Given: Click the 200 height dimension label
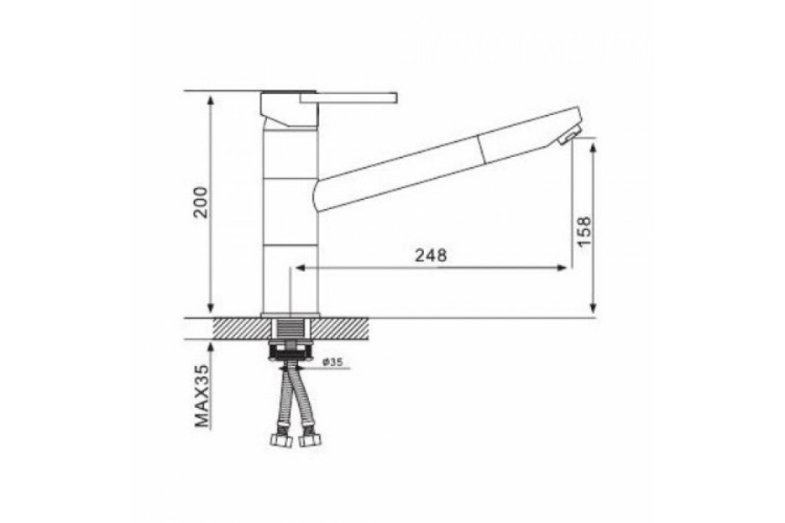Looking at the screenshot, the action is (x=201, y=203).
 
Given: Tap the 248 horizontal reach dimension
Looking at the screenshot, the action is (x=431, y=256).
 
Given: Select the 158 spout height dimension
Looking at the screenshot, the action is (x=585, y=232).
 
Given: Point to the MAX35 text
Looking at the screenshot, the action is (x=201, y=396).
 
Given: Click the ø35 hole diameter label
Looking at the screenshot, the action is (x=332, y=362).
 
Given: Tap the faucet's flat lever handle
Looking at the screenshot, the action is (x=348, y=97).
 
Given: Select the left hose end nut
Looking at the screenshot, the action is (x=282, y=441).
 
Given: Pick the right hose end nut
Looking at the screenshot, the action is (x=310, y=441).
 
